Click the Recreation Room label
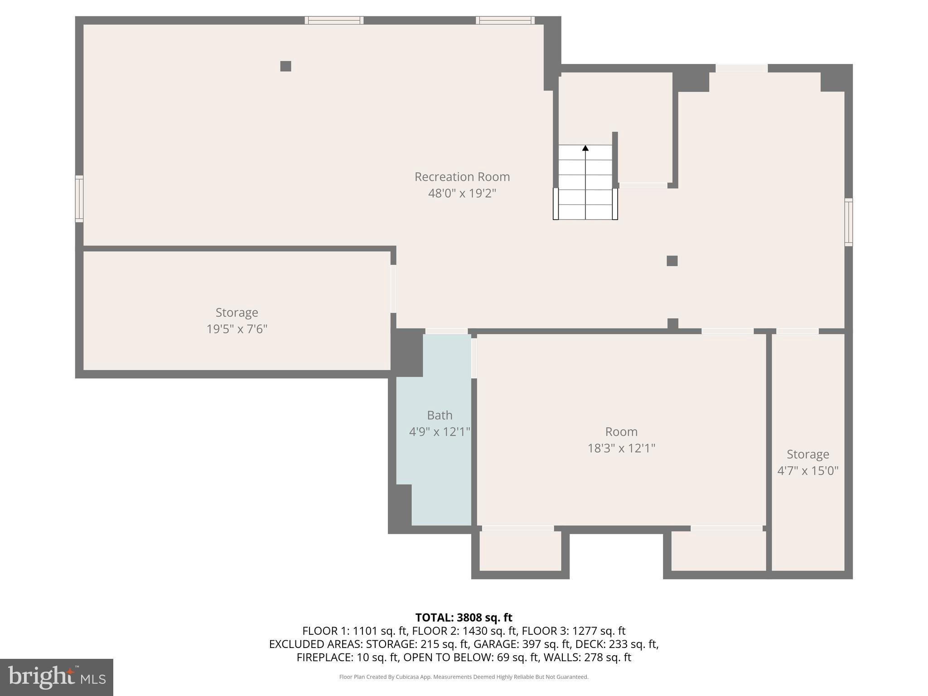click(462, 177)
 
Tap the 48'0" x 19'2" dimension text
click(462, 193)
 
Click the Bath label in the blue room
click(440, 415)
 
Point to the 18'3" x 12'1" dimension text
click(621, 448)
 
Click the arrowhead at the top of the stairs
click(585, 148)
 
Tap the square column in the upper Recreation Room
click(285, 66)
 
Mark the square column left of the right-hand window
click(672, 261)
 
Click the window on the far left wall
click(79, 198)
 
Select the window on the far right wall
click(848, 222)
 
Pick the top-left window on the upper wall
click(334, 20)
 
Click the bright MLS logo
click(57, 677)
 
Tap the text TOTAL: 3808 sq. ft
click(464, 618)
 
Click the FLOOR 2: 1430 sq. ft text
click(464, 631)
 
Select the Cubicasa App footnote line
click(464, 677)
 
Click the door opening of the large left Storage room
click(393, 289)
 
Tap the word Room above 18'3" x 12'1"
click(621, 431)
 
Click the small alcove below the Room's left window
click(520, 551)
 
